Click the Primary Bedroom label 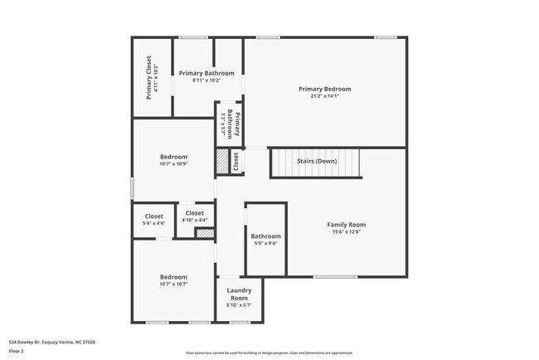pyautogui.click(x=325, y=89)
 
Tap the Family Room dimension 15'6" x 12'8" pyautogui.click(x=346, y=231)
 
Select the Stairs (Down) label pyautogui.click(x=317, y=161)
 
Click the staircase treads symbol pyautogui.click(x=317, y=163)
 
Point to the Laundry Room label pyautogui.click(x=239, y=294)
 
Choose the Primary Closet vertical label pyautogui.click(x=148, y=76)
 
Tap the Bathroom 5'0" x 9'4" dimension pyautogui.click(x=265, y=243)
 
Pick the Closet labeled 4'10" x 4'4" pyautogui.click(x=195, y=216)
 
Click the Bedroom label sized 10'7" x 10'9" pyautogui.click(x=173, y=157)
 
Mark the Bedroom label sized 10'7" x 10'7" pyautogui.click(x=173, y=277)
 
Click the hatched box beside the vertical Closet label pyautogui.click(x=222, y=162)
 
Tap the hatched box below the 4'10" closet pyautogui.click(x=204, y=233)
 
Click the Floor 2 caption pyautogui.click(x=17, y=351)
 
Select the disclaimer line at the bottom pyautogui.click(x=269, y=353)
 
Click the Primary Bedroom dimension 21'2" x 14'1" pyautogui.click(x=325, y=96)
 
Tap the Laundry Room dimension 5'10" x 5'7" pyautogui.click(x=239, y=305)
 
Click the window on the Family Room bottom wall pyautogui.click(x=335, y=276)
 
